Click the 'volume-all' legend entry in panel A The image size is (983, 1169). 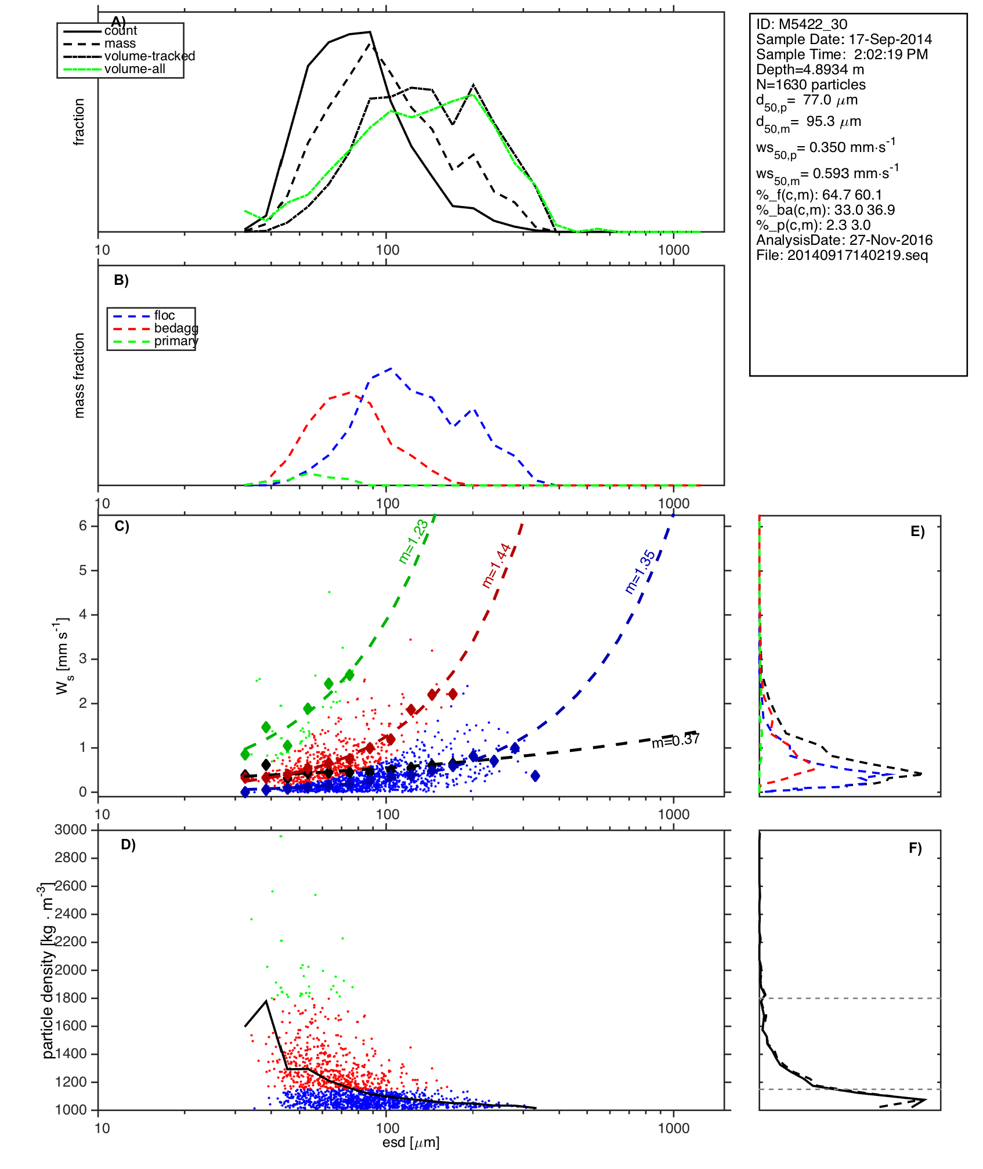[135, 69]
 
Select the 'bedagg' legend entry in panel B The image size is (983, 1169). [176, 328]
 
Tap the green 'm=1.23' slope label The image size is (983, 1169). [413, 542]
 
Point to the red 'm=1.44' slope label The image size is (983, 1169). [496, 566]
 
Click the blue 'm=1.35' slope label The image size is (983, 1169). [639, 572]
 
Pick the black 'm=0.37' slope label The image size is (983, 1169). [675, 741]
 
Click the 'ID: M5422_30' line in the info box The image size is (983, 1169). [801, 24]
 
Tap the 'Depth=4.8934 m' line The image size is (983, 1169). [810, 70]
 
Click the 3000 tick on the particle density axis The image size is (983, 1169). [71, 830]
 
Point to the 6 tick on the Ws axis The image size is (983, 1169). [83, 526]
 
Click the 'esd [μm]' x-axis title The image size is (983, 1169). [411, 1142]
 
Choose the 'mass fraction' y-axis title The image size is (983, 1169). [79, 375]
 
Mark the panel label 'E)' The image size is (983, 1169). [917, 531]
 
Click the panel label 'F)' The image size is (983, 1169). [915, 848]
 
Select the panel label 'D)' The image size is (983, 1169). [128, 845]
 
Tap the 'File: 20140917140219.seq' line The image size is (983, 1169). [842, 255]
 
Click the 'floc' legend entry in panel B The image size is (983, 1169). [164, 316]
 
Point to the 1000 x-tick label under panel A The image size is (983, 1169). [674, 251]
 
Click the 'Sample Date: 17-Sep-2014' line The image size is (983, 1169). [844, 39]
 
